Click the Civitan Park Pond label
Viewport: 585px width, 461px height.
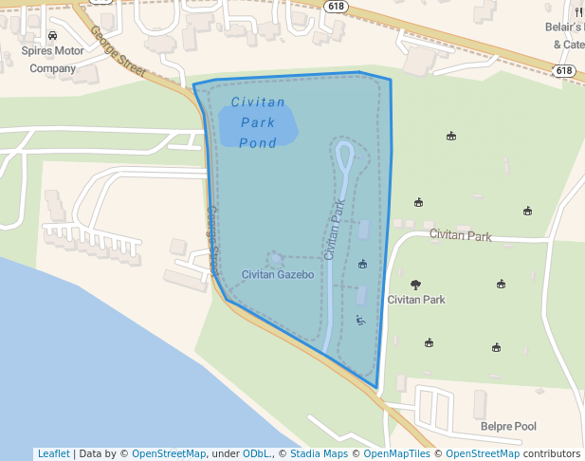click(x=257, y=122)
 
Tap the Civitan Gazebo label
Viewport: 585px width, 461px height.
click(x=271, y=275)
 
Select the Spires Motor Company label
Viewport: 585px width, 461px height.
click(x=52, y=60)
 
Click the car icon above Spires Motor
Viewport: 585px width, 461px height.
click(x=52, y=36)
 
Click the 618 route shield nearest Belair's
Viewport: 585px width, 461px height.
click(x=564, y=71)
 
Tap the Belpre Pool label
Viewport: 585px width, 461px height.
click(x=507, y=427)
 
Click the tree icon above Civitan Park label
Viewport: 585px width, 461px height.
click(x=415, y=284)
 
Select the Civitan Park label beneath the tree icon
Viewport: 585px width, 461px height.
click(x=416, y=300)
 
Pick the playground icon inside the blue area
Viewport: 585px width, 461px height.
click(x=359, y=321)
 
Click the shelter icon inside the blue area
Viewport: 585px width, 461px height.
click(x=362, y=264)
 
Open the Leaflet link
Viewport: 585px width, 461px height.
click(x=53, y=453)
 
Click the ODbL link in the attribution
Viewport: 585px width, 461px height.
click(x=257, y=453)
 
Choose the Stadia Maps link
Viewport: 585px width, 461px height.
click(x=319, y=453)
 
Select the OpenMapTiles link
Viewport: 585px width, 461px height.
click(x=393, y=453)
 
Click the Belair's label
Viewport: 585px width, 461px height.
click(x=564, y=28)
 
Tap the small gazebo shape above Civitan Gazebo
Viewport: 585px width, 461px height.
click(x=275, y=258)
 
